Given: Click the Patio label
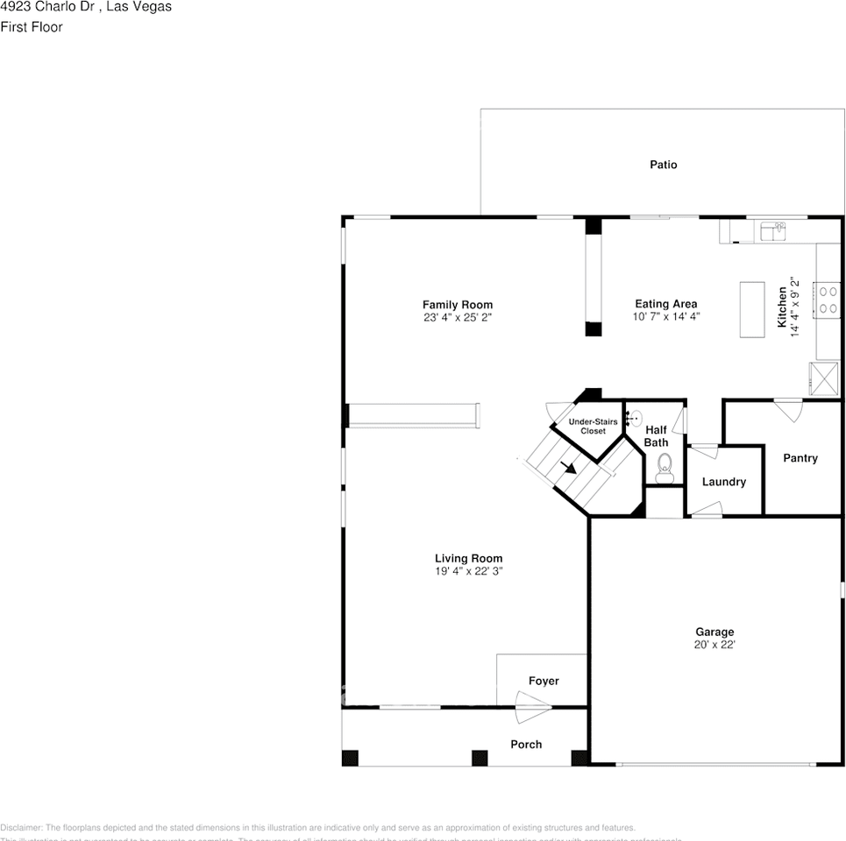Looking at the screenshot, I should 663,165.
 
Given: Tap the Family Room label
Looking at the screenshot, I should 458,305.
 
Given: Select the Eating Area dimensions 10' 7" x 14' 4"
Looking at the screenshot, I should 666,317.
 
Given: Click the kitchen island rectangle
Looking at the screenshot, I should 752,308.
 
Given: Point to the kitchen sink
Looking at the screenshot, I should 773,231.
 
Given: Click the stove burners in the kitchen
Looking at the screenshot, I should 828,299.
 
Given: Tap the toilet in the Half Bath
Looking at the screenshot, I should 664,465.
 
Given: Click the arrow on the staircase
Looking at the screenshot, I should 569,467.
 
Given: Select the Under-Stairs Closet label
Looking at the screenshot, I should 593,427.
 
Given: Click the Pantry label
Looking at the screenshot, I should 800,458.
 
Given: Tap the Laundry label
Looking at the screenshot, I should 724,482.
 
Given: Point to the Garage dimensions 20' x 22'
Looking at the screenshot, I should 714,645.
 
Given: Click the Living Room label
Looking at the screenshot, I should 468,558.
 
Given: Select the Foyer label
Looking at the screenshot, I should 544,681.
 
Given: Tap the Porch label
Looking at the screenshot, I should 526,745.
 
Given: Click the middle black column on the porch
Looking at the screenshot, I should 480,758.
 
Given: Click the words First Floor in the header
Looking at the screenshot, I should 32,27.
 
